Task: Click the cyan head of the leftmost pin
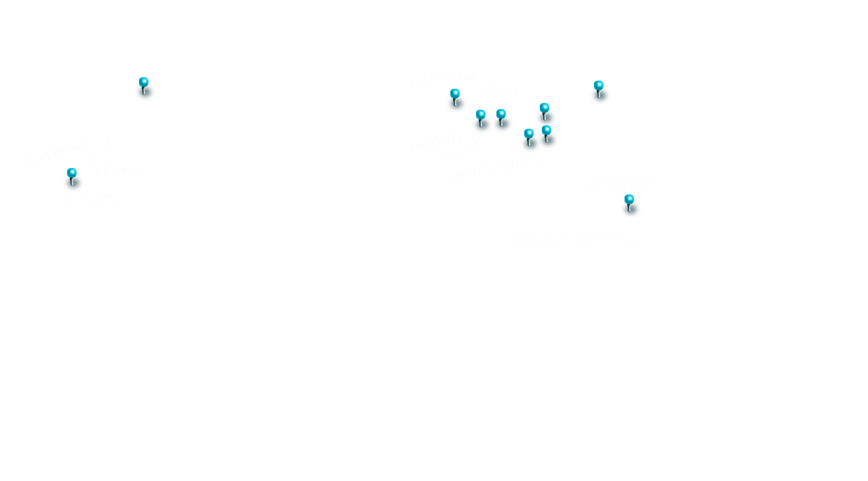pyautogui.click(x=72, y=172)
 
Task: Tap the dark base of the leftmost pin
pyautogui.click(x=73, y=185)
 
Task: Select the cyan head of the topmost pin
pyautogui.click(x=144, y=81)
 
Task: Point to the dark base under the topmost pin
pyautogui.click(x=145, y=94)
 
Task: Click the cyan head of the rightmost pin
pyautogui.click(x=629, y=198)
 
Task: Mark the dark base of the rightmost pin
pyautogui.click(x=631, y=211)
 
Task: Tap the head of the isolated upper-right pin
pyautogui.click(x=599, y=85)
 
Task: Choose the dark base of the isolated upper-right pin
pyautogui.click(x=600, y=98)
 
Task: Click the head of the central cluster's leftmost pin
pyautogui.click(x=455, y=93)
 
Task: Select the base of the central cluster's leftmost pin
pyautogui.click(x=456, y=106)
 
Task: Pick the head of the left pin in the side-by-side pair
pyautogui.click(x=481, y=114)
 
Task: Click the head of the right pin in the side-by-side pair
pyautogui.click(x=501, y=113)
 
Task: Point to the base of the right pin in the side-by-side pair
pyautogui.click(x=503, y=126)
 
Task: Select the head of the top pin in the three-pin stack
pyautogui.click(x=545, y=107)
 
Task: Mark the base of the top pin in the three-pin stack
pyautogui.click(x=546, y=119)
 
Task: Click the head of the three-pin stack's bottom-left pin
pyautogui.click(x=529, y=133)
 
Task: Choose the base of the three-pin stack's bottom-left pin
pyautogui.click(x=530, y=146)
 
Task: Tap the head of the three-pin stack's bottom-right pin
pyautogui.click(x=547, y=129)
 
